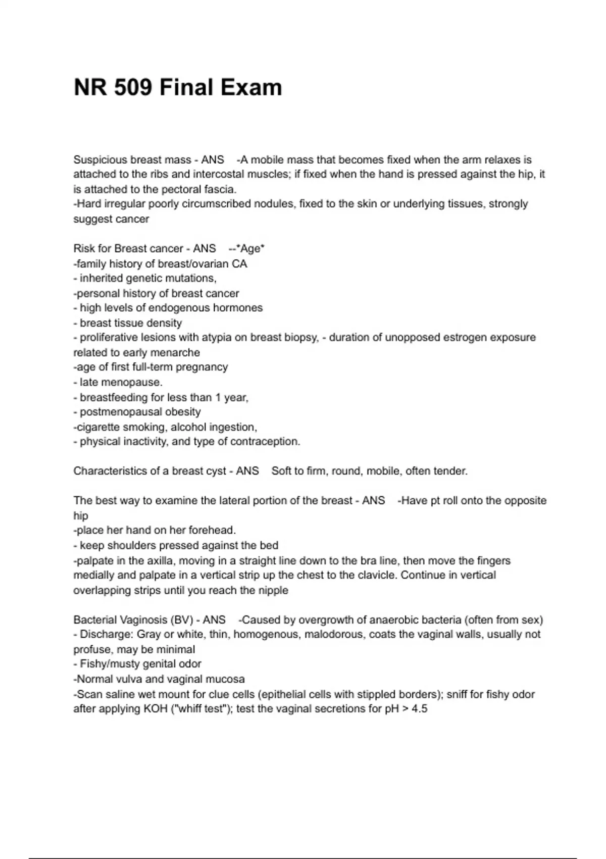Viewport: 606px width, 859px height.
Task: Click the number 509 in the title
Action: point(133,87)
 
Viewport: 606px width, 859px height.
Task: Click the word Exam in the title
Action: point(251,87)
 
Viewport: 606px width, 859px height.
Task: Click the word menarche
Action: point(176,353)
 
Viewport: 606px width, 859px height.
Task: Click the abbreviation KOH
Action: point(155,709)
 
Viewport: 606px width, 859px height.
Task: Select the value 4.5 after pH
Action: point(419,709)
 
